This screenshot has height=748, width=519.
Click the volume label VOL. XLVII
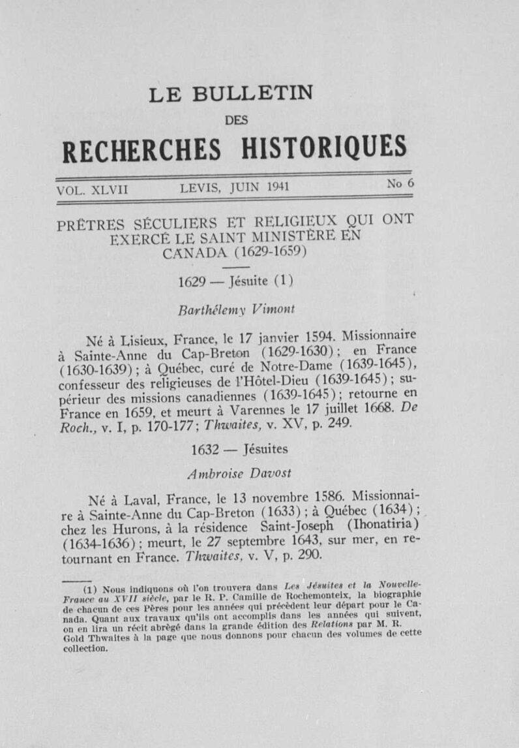pos(93,190)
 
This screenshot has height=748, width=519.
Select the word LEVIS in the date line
pos(201,189)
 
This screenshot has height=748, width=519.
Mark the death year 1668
pos(378,412)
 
